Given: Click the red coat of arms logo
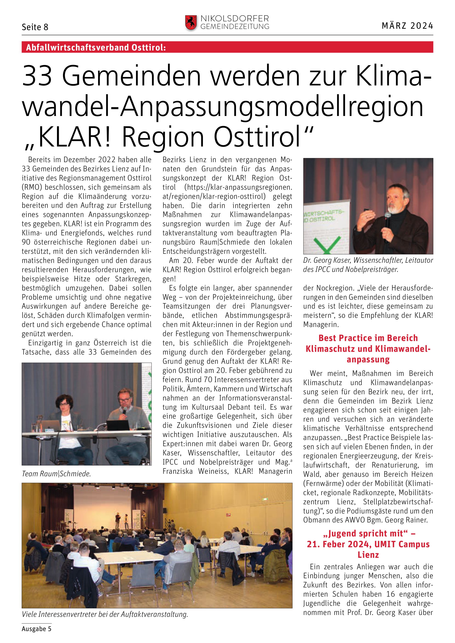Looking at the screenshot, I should click(191, 23).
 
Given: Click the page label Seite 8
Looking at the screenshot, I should click(35, 27).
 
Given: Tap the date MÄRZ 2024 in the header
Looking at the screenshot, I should click(407, 26).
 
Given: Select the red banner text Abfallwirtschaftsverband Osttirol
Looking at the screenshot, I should click(96, 47).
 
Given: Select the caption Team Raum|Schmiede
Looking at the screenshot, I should click(56, 474).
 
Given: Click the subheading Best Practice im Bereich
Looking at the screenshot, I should click(368, 338).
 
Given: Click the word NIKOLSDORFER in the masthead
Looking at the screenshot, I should click(234, 19).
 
